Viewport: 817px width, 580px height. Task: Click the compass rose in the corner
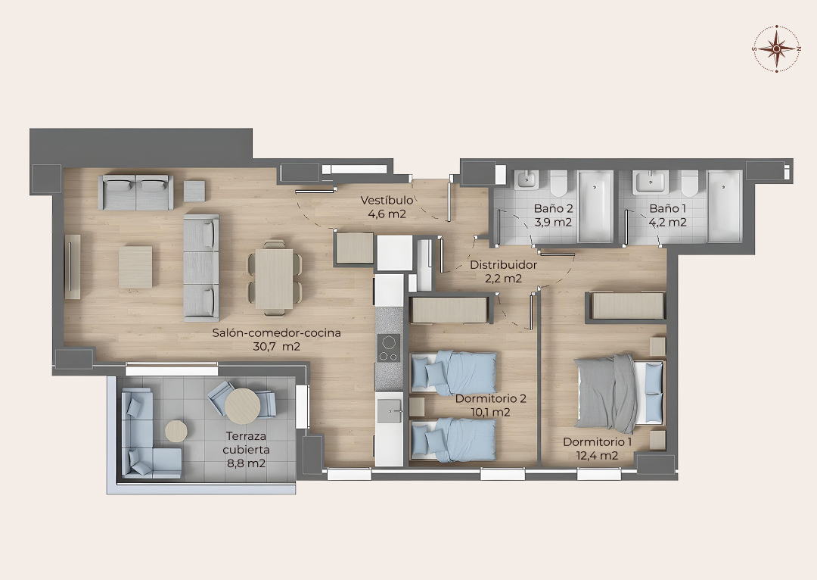pos(776,48)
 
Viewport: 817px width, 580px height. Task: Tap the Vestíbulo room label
pos(387,200)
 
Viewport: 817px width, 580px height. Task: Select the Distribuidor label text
pos(503,264)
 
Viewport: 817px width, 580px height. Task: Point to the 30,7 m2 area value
pos(276,346)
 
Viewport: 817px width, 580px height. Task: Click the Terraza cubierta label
pos(246,443)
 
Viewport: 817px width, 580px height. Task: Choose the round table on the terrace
pos(242,405)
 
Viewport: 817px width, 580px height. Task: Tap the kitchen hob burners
pos(389,348)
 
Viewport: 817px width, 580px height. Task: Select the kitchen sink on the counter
pos(390,410)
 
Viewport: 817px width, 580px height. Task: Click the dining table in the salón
pos(274,279)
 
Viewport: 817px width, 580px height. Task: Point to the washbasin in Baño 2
pos(527,180)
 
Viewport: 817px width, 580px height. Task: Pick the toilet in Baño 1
pos(689,184)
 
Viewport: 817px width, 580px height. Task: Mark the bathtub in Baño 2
pos(595,206)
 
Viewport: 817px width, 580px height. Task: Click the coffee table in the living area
pos(135,267)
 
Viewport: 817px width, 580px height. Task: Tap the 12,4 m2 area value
pos(597,455)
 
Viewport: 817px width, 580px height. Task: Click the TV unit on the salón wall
pos(72,267)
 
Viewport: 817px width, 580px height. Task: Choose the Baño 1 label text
pos(667,209)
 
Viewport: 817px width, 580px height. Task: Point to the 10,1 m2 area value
pos(490,412)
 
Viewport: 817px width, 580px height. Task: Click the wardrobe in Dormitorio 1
pos(626,306)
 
